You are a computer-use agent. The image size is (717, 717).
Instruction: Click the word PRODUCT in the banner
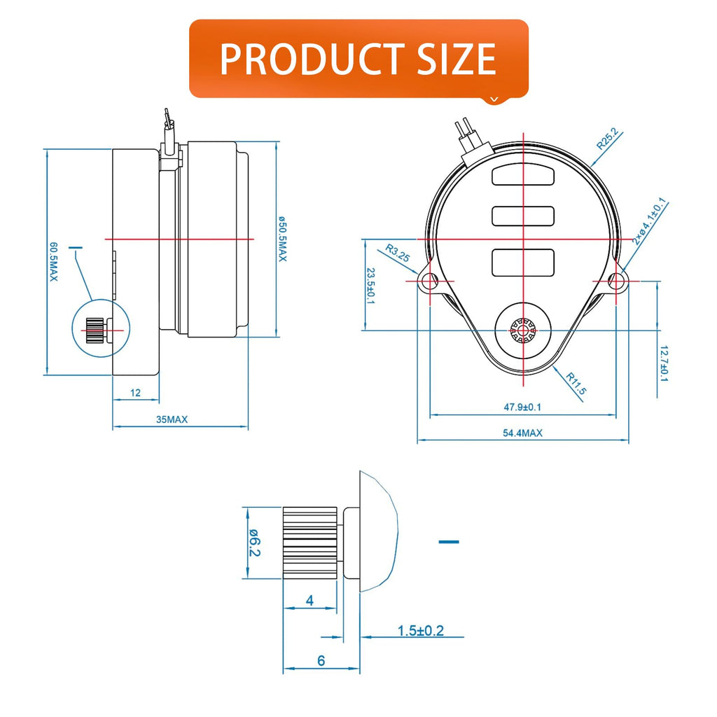click(x=312, y=59)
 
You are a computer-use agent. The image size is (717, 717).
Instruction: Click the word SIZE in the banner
click(x=457, y=59)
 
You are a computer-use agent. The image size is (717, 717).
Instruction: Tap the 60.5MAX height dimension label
click(x=54, y=262)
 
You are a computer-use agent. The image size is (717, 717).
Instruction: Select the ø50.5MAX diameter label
click(x=283, y=239)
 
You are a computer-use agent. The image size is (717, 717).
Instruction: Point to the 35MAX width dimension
click(x=172, y=419)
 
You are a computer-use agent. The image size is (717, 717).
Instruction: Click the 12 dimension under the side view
click(x=135, y=393)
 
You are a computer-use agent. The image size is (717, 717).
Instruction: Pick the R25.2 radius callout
click(x=608, y=139)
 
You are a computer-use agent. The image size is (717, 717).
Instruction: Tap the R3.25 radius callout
click(x=398, y=253)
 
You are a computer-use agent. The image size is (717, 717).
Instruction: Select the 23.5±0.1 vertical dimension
click(x=371, y=286)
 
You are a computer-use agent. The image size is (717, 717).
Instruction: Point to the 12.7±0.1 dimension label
click(x=664, y=363)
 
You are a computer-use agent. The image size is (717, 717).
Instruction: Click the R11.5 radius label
click(x=576, y=383)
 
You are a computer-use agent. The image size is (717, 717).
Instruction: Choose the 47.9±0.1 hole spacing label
click(x=522, y=407)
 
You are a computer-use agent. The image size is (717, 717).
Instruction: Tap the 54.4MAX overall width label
click(x=522, y=433)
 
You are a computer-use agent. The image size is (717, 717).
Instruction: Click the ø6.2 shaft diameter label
click(x=255, y=543)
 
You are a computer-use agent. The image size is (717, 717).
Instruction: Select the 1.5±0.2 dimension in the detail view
click(x=420, y=631)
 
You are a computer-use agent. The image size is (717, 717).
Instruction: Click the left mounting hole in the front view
click(x=431, y=280)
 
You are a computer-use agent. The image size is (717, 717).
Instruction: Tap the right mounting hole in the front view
click(x=615, y=280)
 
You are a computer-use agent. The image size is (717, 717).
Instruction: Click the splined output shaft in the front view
click(x=523, y=330)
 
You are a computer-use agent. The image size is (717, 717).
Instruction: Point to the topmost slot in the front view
click(x=523, y=176)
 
